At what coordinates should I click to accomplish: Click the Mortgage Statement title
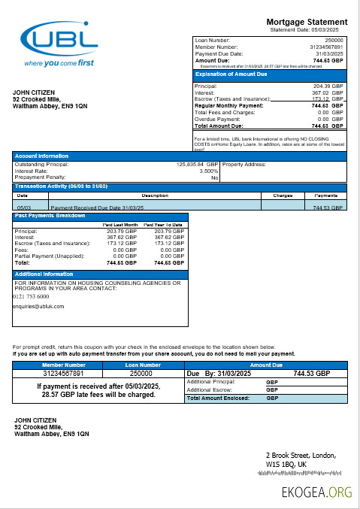click(307, 22)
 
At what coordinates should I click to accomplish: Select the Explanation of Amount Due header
click(231, 74)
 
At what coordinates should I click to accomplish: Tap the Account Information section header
click(42, 156)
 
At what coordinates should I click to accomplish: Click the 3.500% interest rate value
click(208, 171)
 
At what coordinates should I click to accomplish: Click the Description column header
click(155, 195)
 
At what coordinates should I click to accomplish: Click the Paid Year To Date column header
click(165, 224)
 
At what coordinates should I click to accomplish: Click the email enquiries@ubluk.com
click(39, 306)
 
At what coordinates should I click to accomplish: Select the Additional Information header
click(43, 274)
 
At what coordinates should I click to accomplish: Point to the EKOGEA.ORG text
click(319, 492)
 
